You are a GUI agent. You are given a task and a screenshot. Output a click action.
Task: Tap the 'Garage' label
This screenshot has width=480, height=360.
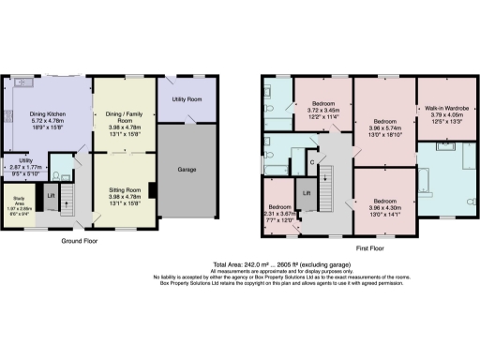point(187,170)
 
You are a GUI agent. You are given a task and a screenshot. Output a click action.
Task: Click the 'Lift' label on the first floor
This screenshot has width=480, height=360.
point(307,194)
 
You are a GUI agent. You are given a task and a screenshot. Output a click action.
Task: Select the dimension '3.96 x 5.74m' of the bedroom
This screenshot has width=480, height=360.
point(383,128)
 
